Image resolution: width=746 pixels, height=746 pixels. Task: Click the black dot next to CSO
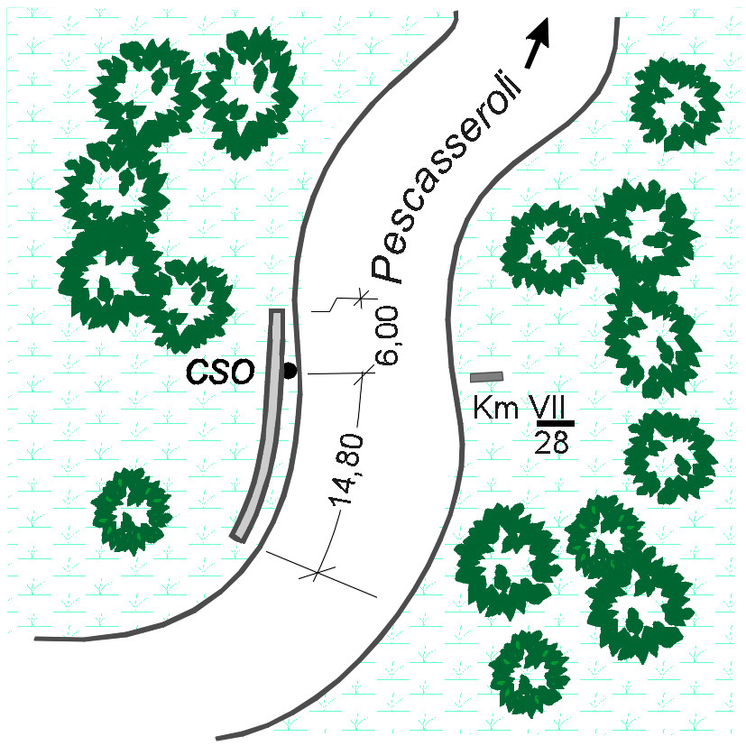(x=290, y=371)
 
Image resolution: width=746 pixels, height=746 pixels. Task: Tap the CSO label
(x=220, y=372)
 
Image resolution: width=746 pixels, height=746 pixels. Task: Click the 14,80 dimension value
(x=345, y=469)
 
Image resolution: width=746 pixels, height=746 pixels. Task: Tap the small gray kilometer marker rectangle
(x=486, y=377)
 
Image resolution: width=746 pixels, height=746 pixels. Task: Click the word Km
(x=496, y=408)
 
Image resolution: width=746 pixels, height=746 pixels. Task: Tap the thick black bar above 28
(x=556, y=423)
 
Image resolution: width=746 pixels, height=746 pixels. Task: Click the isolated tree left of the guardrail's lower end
(x=131, y=511)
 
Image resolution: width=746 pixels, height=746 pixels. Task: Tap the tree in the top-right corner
(x=676, y=105)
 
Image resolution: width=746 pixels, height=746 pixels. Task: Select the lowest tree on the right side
(x=529, y=672)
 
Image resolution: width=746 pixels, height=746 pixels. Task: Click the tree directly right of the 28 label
(x=670, y=457)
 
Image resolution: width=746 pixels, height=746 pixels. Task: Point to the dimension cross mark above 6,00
(x=361, y=299)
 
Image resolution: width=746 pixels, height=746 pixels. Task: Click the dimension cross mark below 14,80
(x=317, y=573)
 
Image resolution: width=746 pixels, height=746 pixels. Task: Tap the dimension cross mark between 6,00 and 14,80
(x=364, y=375)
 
